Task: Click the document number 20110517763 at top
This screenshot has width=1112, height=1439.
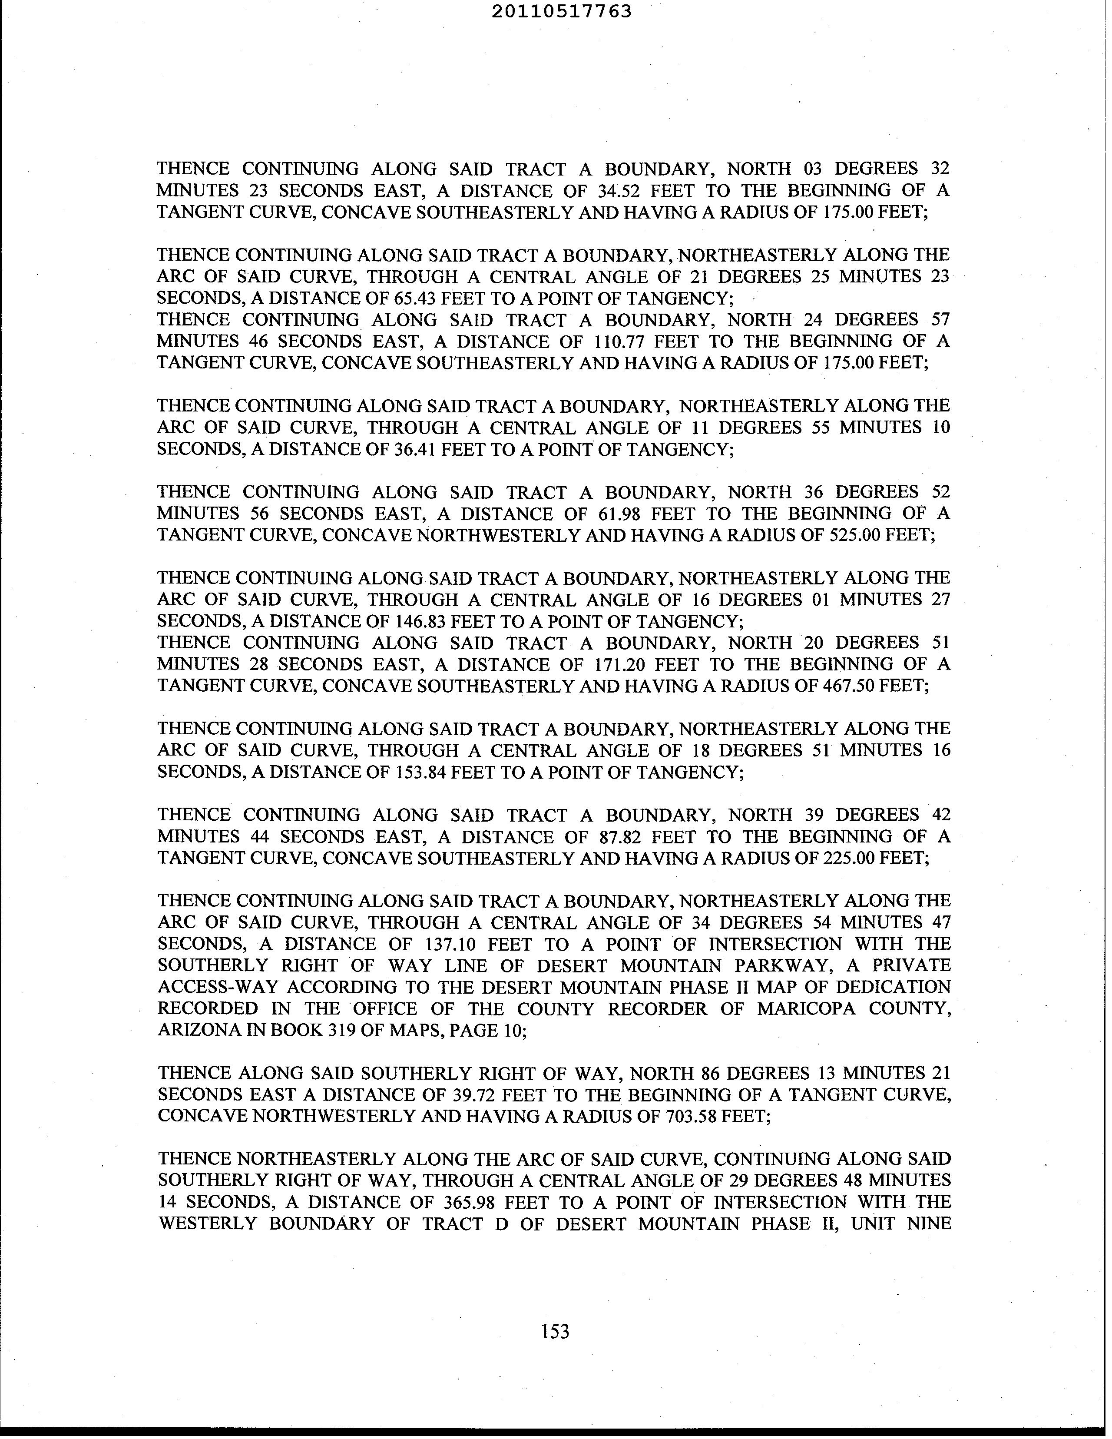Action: point(561,11)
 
